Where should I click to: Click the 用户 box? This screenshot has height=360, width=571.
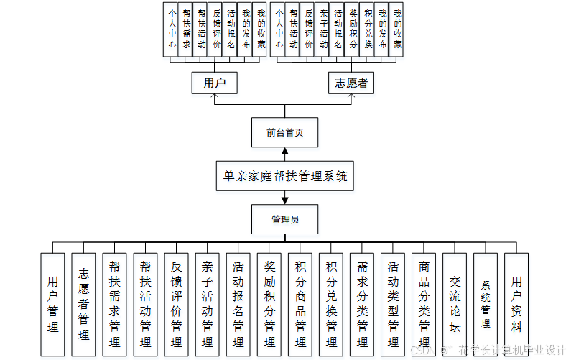tap(215, 83)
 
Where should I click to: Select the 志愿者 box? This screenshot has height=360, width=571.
tap(351, 83)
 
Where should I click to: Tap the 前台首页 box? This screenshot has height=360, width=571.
tap(284, 132)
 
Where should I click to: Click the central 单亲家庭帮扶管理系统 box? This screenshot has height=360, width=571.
tap(284, 176)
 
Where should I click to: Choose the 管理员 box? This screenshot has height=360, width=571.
tap(284, 219)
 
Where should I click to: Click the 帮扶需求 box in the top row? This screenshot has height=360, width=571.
tap(187, 29)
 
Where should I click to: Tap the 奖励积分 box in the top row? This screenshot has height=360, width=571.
tap(353, 29)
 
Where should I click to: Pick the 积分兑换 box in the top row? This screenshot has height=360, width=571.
tap(368, 29)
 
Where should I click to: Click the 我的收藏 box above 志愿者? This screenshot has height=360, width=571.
tap(397, 29)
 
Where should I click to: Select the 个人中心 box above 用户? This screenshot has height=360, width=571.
tap(172, 29)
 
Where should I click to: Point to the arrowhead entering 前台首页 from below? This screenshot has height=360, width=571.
tap(284, 152)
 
